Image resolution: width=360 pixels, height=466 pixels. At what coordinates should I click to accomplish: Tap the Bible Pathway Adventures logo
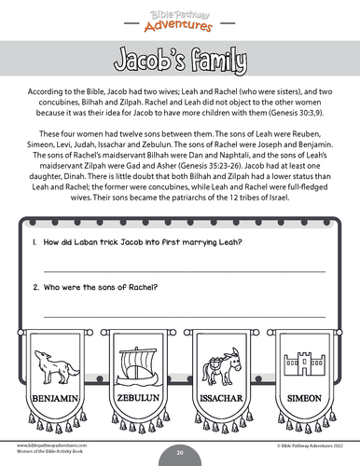tap(180, 16)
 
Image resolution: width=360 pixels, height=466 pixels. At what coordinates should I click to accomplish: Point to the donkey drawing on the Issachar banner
tap(224, 364)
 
